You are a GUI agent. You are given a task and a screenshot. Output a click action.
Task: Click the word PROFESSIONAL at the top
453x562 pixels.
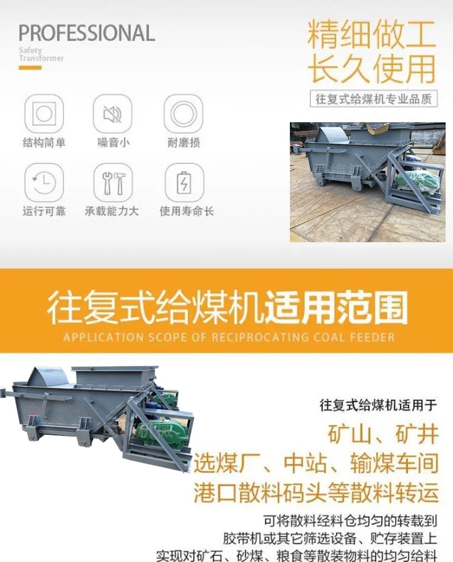pos(87,33)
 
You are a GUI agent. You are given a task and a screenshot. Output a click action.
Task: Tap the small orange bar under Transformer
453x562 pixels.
pos(30,68)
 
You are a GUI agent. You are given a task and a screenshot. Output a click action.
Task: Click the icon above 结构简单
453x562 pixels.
pos(44,114)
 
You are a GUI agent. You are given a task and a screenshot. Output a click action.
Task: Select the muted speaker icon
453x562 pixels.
pos(113,114)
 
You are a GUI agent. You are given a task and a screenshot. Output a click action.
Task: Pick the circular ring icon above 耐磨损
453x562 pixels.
pos(183,114)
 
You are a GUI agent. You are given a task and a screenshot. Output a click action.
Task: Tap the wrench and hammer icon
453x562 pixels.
pos(113,182)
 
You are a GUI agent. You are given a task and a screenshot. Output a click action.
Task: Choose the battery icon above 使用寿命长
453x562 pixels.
pos(184,182)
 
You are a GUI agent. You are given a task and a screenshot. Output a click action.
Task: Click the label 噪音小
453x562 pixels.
pos(113,143)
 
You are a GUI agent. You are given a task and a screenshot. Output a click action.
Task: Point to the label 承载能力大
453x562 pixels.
pos(112,211)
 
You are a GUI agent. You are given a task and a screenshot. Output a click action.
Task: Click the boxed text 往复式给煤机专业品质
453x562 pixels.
pos(374,98)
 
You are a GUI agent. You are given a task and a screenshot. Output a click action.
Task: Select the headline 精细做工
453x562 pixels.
pos(371,35)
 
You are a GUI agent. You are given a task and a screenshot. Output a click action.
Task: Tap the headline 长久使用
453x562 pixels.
pos(371,69)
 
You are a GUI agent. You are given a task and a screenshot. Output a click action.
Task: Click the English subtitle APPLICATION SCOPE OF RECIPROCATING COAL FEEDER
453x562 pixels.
pos(229,338)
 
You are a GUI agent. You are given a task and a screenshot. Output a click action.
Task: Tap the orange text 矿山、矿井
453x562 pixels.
pos(383,435)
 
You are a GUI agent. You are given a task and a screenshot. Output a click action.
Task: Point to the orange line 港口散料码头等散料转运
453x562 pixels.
pos(316,492)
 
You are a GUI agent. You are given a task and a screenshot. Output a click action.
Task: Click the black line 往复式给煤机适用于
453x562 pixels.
pos(378,405)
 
